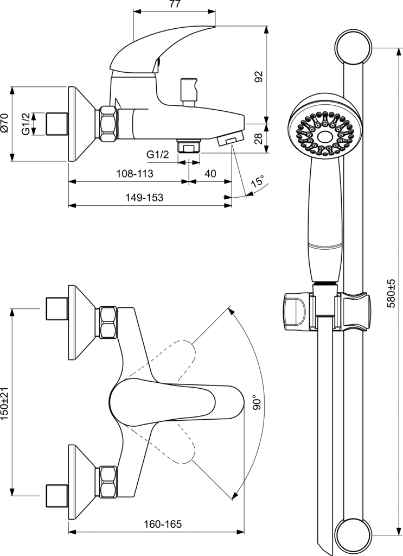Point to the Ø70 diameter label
coord(5,124)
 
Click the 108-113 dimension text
coord(135,174)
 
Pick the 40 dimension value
coord(210,174)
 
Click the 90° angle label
coord(257,402)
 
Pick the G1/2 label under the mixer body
coord(158,155)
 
